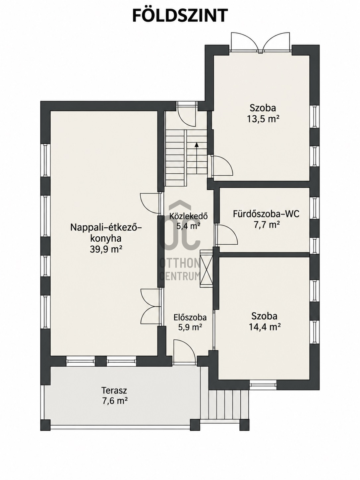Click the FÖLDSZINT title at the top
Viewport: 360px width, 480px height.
tap(180, 16)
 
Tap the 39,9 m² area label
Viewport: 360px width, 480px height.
tap(106, 249)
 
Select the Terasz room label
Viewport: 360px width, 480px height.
tap(114, 390)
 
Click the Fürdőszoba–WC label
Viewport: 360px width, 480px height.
tap(266, 214)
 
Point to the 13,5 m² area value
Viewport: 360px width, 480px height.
tap(264, 119)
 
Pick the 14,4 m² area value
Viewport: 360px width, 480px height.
tap(265, 328)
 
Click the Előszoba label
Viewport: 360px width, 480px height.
tap(190, 317)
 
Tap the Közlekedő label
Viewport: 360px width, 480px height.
tap(188, 216)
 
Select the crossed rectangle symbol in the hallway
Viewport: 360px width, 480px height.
tap(206, 268)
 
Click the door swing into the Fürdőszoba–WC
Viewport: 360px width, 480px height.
tap(226, 234)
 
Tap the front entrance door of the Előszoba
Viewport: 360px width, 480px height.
tap(184, 352)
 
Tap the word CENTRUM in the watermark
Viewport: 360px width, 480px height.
tap(180, 276)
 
